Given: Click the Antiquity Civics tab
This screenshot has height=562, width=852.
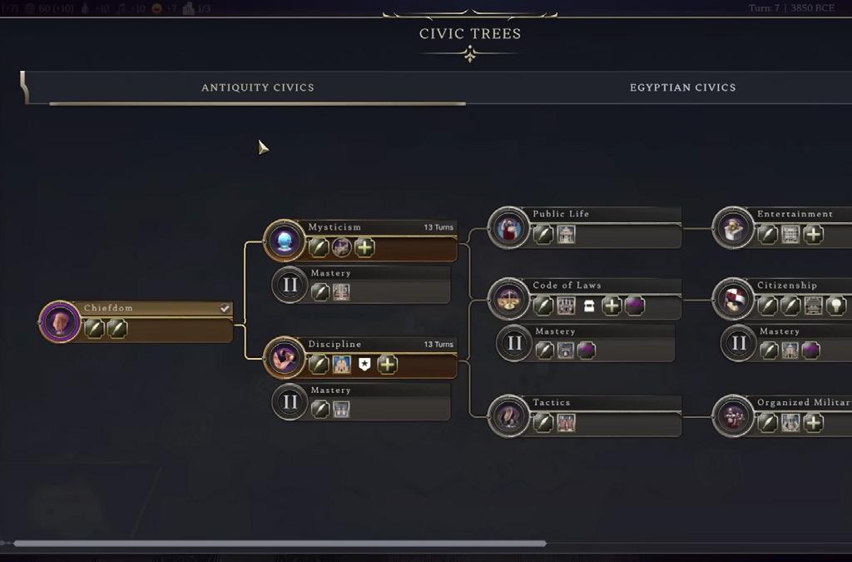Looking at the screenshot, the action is [258, 87].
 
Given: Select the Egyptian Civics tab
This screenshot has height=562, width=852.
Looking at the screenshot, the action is [682, 87].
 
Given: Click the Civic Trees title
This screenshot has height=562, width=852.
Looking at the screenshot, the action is [470, 34].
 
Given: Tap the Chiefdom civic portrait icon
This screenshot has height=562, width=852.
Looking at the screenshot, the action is [60, 321].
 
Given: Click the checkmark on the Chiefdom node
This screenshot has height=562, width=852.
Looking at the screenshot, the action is [225, 309].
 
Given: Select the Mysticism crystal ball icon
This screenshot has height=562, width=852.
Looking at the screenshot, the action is [285, 241].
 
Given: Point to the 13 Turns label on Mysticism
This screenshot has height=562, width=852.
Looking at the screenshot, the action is [438, 227].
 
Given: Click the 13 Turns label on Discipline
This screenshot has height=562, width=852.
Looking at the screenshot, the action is [438, 345].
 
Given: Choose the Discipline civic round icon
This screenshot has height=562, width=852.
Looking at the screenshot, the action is [285, 358].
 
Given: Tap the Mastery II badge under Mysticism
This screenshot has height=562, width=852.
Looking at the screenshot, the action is [290, 285].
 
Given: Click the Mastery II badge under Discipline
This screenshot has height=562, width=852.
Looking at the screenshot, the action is [290, 402].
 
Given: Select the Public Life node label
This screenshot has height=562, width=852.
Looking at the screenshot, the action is [561, 214].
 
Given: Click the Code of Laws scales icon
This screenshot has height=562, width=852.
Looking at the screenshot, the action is [508, 299].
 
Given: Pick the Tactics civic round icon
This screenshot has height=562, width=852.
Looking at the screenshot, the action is [508, 416].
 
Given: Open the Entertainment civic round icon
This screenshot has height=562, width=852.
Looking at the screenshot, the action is [733, 228].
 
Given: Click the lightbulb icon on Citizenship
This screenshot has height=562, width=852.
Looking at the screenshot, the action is [836, 306].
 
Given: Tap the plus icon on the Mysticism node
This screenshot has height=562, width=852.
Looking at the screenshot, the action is [364, 247].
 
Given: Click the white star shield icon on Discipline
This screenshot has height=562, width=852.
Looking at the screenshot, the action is [364, 365].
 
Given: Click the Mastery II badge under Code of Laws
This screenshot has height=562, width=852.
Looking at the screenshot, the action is [514, 343].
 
